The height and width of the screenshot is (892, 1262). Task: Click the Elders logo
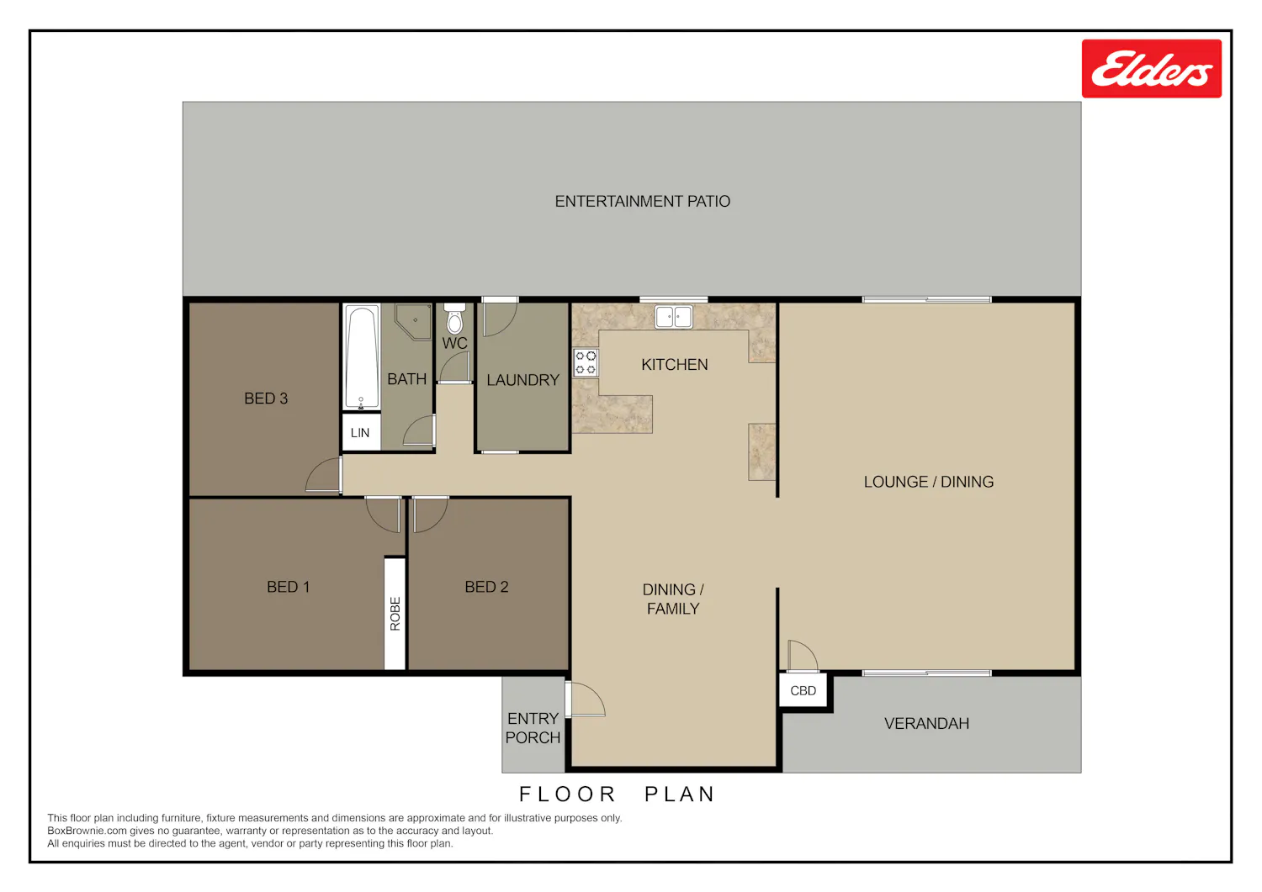pos(1151,69)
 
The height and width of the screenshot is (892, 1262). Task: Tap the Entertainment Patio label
pos(642,201)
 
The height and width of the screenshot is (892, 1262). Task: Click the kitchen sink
pos(673,316)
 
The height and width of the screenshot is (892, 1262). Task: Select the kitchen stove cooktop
pos(586,362)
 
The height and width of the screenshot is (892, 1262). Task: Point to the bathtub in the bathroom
pos(361,356)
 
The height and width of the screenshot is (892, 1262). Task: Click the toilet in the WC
pos(454,319)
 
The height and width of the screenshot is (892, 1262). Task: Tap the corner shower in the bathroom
pos(414,321)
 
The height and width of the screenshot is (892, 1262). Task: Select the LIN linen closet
pos(361,432)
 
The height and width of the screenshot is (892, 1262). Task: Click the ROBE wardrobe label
pos(395,613)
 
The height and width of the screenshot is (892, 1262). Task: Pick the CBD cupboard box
pos(803,690)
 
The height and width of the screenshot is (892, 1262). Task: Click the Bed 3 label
pos(266,398)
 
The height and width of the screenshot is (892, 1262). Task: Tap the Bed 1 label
pos(288,587)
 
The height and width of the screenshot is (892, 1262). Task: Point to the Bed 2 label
pos(487,587)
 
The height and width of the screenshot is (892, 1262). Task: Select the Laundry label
pos(522,380)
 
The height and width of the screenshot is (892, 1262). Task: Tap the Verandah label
pos(927,724)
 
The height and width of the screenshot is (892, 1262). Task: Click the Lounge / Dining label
pos(929,482)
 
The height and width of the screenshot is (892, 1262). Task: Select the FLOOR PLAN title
pos(617,794)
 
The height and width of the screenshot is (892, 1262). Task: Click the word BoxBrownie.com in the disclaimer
pos(86,831)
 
